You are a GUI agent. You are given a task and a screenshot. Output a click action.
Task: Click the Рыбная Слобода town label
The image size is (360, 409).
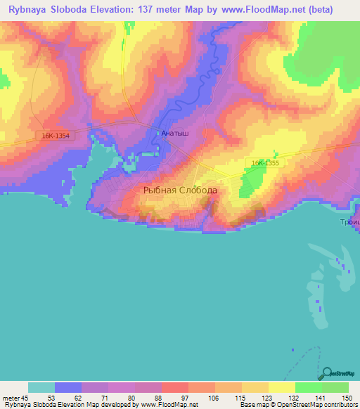coord(180,190)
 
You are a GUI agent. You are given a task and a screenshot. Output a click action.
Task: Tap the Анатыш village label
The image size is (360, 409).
coord(174,132)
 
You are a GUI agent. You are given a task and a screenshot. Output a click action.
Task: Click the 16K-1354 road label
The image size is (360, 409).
coord(56,136)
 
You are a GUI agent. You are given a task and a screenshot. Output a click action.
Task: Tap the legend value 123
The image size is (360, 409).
coord(268,397)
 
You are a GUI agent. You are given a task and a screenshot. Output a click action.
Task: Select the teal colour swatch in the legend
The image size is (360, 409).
coord(41,387)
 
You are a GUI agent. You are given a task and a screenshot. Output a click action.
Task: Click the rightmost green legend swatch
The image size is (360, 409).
coord(335,387)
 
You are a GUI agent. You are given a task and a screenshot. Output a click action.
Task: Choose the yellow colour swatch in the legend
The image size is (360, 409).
coord(281,387)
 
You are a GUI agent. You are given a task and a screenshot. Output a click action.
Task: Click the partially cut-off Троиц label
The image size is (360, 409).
coord(349,221)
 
